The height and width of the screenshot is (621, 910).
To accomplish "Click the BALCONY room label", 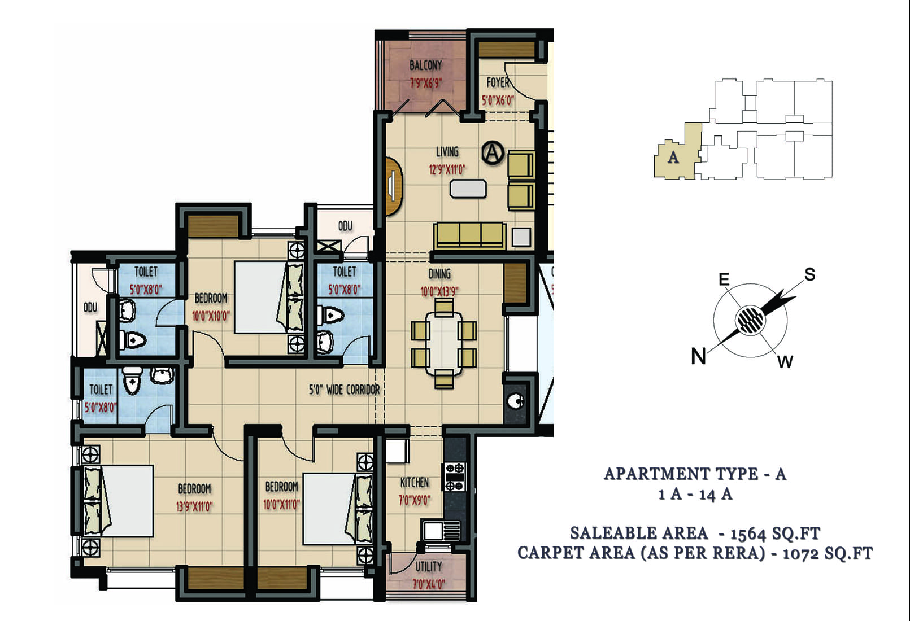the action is pos(425,65).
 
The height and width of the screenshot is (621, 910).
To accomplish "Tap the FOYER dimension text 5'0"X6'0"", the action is pos(498,100).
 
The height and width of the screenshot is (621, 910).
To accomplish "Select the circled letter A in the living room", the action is pos(493,153).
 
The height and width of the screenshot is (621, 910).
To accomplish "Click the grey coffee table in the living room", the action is pos(468,189).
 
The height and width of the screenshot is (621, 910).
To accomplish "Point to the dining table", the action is pos(443,344).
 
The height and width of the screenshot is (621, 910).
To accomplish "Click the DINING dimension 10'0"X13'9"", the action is pos(439,292).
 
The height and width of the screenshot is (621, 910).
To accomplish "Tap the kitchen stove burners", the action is pos(455,477).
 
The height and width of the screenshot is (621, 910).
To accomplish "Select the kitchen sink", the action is pos(442,531).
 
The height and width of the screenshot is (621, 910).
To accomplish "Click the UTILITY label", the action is pos(429,566).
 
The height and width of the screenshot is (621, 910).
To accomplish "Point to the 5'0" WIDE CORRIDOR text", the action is pos(344,390).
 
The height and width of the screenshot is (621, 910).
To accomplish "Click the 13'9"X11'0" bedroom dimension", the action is pos(194,506).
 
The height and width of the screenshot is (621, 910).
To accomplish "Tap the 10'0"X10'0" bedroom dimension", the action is pos(211,316).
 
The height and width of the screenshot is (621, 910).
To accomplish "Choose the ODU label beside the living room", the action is pos(345,226).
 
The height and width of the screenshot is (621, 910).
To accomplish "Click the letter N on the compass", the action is pos(698,356).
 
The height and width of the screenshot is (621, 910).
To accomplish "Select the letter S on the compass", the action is pos(809,274).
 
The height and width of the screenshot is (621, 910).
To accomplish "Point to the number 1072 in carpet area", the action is pos(799,554).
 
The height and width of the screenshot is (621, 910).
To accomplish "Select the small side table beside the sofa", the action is pos(521,237).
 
